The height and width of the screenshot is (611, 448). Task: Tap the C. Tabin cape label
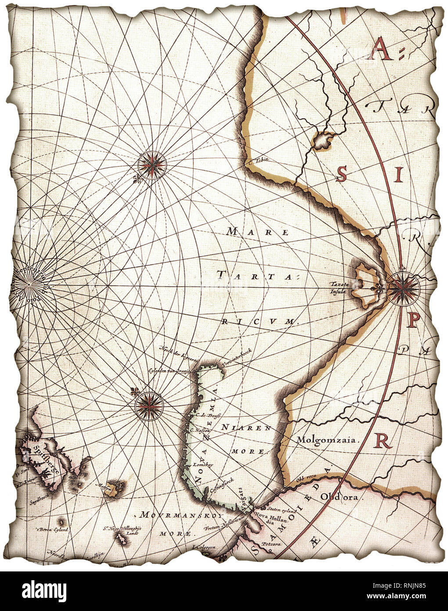point(258,160)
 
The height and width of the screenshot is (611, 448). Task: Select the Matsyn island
point(115,487)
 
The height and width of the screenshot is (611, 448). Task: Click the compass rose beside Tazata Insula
point(402,287)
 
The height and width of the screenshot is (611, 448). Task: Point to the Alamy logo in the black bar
point(39,589)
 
